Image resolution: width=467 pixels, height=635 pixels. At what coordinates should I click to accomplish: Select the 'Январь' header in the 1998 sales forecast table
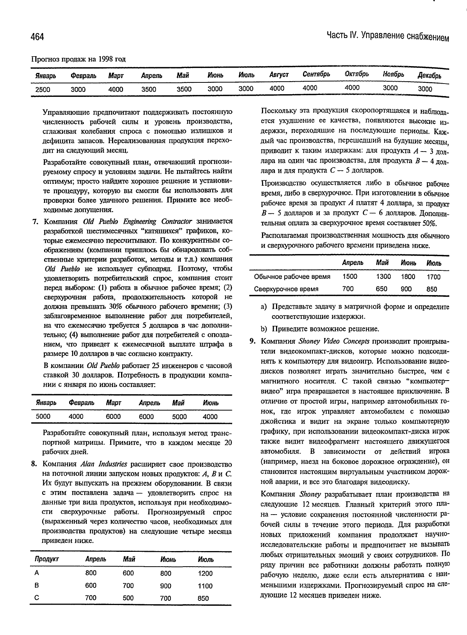coord(46,76)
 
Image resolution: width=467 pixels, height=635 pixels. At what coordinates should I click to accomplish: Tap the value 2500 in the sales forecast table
coord(43,90)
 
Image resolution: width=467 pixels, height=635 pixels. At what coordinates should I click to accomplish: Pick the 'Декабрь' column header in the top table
coord(429,76)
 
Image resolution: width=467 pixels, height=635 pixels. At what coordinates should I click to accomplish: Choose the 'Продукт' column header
coord(47,559)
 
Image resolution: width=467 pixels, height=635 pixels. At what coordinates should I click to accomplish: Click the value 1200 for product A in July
coord(205,573)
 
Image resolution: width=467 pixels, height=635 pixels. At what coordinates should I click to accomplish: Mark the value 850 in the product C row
coord(203,598)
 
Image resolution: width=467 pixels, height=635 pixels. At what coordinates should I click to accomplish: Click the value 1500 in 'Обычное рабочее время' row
coord(350,277)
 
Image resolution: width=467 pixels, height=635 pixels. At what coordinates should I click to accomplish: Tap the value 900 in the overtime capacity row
coord(406,289)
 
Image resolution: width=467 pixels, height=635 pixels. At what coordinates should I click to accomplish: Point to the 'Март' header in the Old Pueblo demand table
coord(114,403)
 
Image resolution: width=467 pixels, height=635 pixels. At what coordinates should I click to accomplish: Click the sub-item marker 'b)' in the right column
coord(264,329)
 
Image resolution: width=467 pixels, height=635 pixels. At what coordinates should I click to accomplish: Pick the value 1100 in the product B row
coord(205,586)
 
